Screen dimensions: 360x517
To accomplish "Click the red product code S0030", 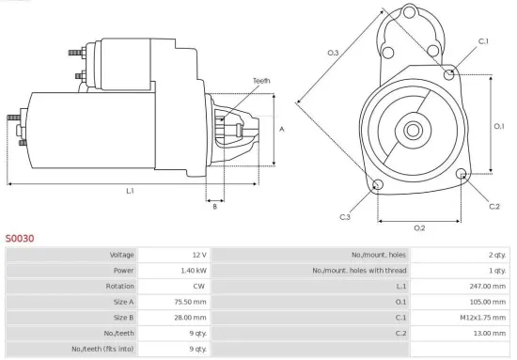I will coord(20,239).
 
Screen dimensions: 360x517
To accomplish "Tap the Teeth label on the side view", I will coord(261,81).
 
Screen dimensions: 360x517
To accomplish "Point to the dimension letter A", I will coord(283,130).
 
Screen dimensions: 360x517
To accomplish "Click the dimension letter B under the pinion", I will coord(214,206).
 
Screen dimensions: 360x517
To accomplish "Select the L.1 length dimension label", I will coord(131,191).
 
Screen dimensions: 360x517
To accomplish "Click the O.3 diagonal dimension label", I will coord(333,53).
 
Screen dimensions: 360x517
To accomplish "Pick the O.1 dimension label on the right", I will coord(499,125).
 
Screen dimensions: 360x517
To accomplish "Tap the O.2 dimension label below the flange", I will coord(419,227).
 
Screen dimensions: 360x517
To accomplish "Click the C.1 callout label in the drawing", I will coord(484,41).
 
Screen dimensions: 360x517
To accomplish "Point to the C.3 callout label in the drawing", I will coord(345,217).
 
